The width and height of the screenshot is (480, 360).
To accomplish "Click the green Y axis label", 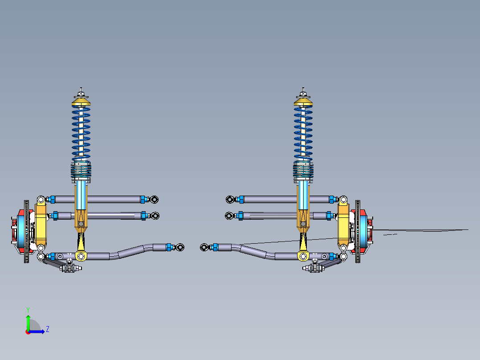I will [x=28, y=309].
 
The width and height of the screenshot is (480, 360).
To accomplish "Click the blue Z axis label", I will [x=47, y=329].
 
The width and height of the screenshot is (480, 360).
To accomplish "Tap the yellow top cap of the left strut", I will [x=81, y=102].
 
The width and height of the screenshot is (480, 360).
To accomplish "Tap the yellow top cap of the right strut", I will [x=303, y=102].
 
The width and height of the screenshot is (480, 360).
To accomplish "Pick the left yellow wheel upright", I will [x=41, y=225].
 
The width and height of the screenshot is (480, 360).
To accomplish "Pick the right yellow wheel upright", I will [x=343, y=225].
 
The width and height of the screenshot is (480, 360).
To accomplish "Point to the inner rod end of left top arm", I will [x=154, y=199].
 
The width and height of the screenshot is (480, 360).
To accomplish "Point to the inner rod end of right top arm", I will [x=230, y=199].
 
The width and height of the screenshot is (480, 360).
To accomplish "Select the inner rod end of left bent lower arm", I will [x=180, y=246].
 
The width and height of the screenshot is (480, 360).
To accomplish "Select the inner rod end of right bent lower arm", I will [x=204, y=247].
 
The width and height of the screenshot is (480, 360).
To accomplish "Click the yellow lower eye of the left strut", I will [x=80, y=256].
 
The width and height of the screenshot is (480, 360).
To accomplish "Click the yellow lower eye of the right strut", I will [x=303, y=256].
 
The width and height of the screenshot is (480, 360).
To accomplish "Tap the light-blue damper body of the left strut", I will [x=81, y=196].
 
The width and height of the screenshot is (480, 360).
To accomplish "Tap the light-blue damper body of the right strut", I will [x=303, y=196].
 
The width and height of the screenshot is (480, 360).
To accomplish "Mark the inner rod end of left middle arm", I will [x=155, y=216].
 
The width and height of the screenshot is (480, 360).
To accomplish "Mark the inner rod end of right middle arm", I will [x=229, y=216].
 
